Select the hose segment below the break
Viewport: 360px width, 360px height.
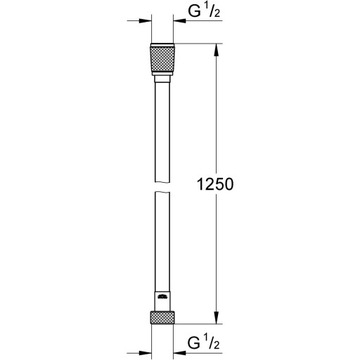click(x=163, y=250)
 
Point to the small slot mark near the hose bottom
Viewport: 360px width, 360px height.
click(x=163, y=298)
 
